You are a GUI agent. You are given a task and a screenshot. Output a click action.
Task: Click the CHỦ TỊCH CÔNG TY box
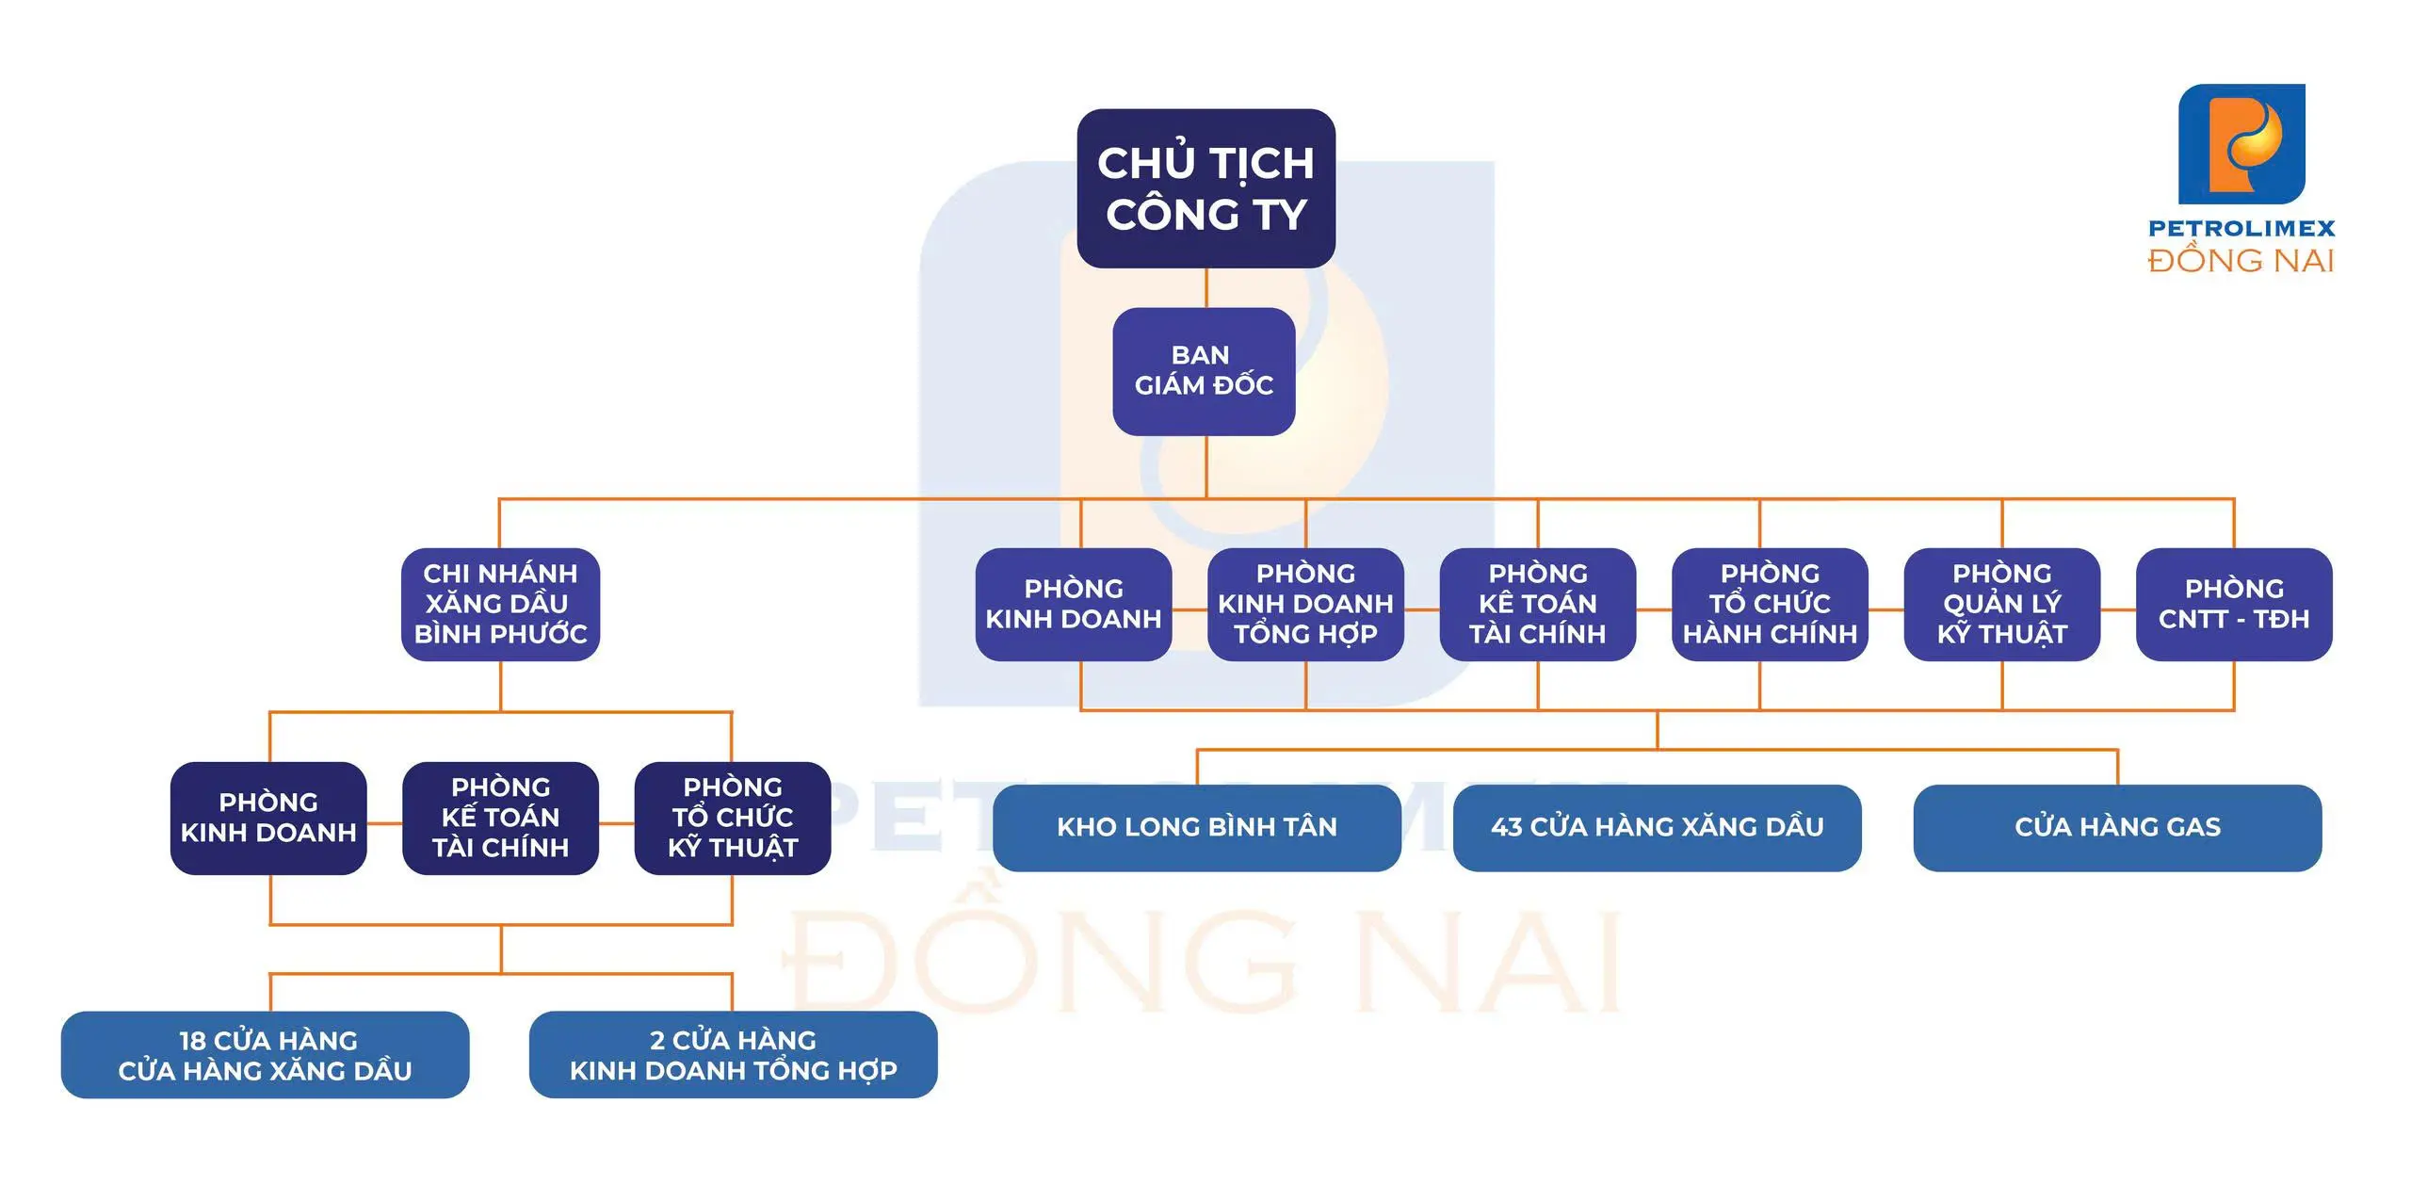pyautogui.click(x=1205, y=188)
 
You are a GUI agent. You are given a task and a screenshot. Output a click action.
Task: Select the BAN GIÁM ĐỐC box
pyautogui.click(x=1204, y=371)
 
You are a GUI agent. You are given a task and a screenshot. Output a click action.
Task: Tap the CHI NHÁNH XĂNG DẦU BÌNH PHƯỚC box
pyautogui.click(x=500, y=604)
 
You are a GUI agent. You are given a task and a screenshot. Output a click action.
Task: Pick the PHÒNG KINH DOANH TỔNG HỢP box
pyautogui.click(x=1305, y=604)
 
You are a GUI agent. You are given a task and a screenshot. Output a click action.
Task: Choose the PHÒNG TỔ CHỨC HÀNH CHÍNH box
pyautogui.click(x=1770, y=604)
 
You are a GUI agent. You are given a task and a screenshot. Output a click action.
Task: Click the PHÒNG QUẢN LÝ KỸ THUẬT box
pyautogui.click(x=2001, y=604)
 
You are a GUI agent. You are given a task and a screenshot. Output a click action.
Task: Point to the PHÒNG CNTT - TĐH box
pyautogui.click(x=2233, y=604)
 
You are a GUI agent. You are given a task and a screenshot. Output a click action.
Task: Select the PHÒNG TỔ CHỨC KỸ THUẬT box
pyautogui.click(x=732, y=818)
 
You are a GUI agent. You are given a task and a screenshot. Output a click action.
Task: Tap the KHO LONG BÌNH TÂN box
pyautogui.click(x=1196, y=827)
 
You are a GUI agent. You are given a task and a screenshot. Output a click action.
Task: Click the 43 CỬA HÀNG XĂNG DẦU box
pyautogui.click(x=1657, y=827)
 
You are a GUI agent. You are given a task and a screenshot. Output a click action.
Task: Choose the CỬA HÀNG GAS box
pyautogui.click(x=2117, y=827)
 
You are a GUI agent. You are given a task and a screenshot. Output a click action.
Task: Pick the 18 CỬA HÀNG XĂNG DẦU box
pyautogui.click(x=265, y=1055)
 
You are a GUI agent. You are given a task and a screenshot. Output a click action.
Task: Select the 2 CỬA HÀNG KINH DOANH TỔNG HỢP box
pyautogui.click(x=733, y=1055)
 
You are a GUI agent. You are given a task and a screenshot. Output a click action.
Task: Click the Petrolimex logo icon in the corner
pyautogui.click(x=2241, y=143)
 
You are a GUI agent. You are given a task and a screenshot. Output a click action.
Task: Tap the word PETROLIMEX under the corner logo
pyautogui.click(x=2241, y=228)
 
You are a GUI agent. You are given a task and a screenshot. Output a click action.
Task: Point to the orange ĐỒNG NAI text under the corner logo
pyautogui.click(x=2241, y=261)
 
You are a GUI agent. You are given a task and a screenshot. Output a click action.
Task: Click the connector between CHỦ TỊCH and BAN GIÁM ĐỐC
pyautogui.click(x=1206, y=288)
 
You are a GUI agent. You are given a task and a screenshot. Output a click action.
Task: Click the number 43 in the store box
pyautogui.click(x=1506, y=827)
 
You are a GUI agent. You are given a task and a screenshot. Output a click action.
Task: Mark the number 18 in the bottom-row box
pyautogui.click(x=192, y=1041)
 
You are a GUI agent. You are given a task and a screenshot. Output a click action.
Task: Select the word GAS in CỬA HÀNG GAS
pyautogui.click(x=2193, y=827)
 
